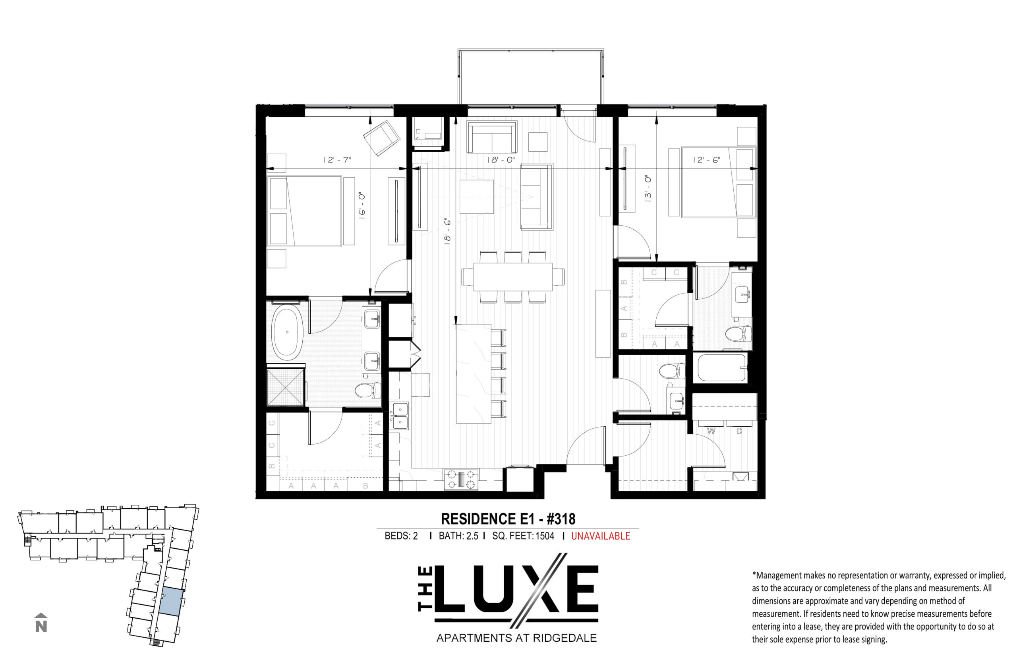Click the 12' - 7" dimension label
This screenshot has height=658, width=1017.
tap(337, 160)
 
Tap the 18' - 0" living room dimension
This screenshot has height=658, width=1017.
tap(501, 160)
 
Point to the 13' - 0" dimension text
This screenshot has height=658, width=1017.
tap(648, 188)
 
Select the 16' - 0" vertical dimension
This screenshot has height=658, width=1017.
tap(362, 205)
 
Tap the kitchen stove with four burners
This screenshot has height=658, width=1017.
tap(461, 479)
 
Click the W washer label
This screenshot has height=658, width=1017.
tap(711, 431)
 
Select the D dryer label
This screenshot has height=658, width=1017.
tap(739, 431)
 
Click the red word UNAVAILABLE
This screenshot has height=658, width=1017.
tap(600, 536)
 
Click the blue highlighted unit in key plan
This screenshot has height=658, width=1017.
tap(172, 601)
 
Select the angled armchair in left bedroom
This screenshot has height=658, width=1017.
tap(381, 137)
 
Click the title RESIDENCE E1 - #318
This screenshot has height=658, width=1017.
tap(508, 519)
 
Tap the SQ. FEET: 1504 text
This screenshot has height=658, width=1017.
tap(523, 536)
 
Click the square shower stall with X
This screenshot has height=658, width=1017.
tap(286, 387)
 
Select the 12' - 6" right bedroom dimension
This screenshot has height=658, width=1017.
tap(706, 160)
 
